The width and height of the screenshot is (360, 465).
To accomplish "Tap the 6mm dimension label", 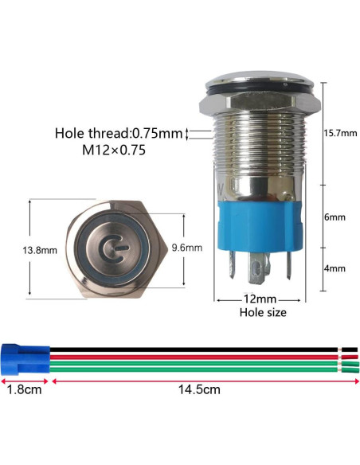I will [x=335, y=217].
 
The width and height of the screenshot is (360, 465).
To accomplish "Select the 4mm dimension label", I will [x=335, y=268].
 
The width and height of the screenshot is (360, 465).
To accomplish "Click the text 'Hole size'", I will [x=263, y=313].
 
